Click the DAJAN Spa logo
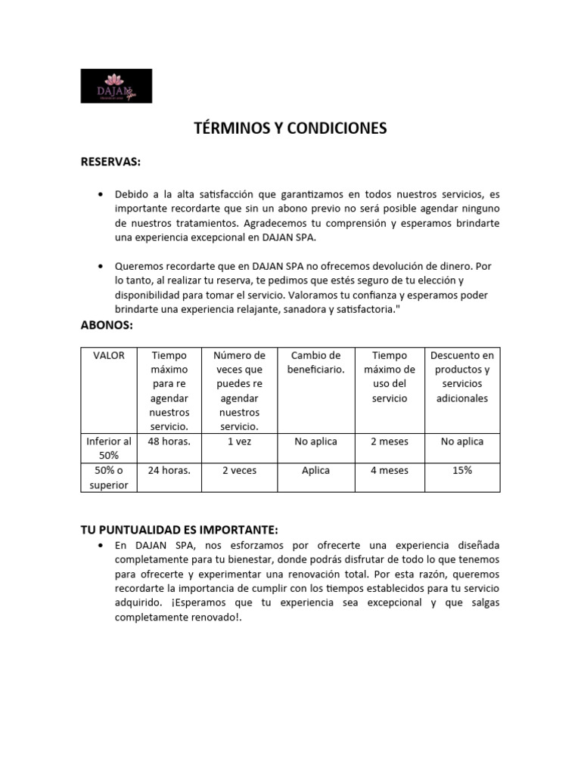(x=117, y=86)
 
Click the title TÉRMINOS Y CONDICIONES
(x=290, y=128)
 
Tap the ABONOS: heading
(x=107, y=326)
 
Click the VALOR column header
(x=109, y=355)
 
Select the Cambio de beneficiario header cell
(x=315, y=363)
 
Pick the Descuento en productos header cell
(x=461, y=376)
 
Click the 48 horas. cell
(x=169, y=441)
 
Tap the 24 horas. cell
(x=169, y=470)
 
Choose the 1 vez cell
(x=239, y=441)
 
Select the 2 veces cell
(x=239, y=470)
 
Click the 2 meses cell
(x=389, y=441)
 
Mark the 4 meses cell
(x=389, y=470)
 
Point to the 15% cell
(x=461, y=470)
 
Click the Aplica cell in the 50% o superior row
(x=315, y=470)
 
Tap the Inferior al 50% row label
(x=109, y=448)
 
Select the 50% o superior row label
(x=109, y=477)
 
